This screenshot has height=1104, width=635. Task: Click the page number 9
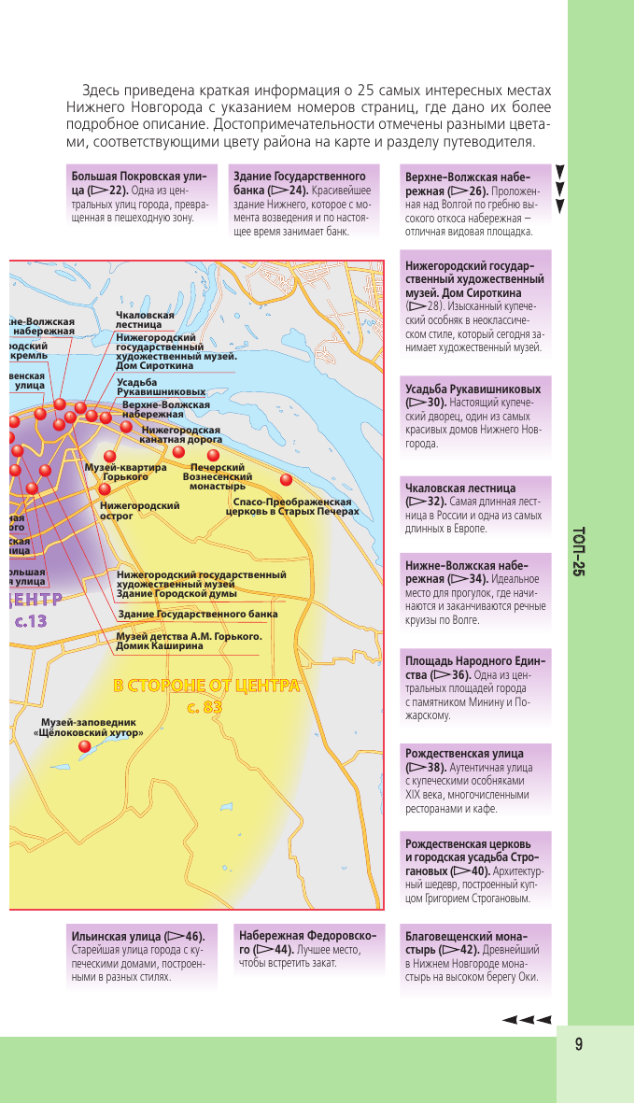(x=579, y=1044)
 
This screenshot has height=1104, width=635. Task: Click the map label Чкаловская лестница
(x=145, y=320)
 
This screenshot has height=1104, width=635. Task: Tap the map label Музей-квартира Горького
(x=125, y=472)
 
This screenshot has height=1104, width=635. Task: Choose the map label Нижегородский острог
(x=139, y=510)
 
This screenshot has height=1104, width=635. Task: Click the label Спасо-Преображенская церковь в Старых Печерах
(x=286, y=506)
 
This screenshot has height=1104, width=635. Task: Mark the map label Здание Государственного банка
(x=197, y=615)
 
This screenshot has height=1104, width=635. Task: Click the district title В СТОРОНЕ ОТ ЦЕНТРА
(x=206, y=686)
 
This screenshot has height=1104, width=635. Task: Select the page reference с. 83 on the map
(x=205, y=707)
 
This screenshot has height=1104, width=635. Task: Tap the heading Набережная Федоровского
(x=307, y=941)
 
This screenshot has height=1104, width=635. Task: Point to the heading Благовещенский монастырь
(x=466, y=942)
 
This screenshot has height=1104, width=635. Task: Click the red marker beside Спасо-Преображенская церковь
(x=286, y=480)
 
